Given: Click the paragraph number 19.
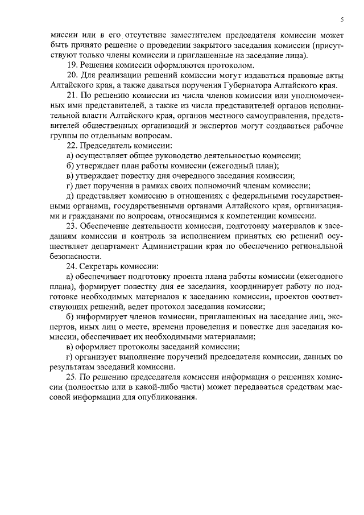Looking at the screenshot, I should click(x=72, y=66).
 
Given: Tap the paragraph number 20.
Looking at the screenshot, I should click(x=72, y=76).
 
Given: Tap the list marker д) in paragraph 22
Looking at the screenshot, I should click(x=71, y=195).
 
